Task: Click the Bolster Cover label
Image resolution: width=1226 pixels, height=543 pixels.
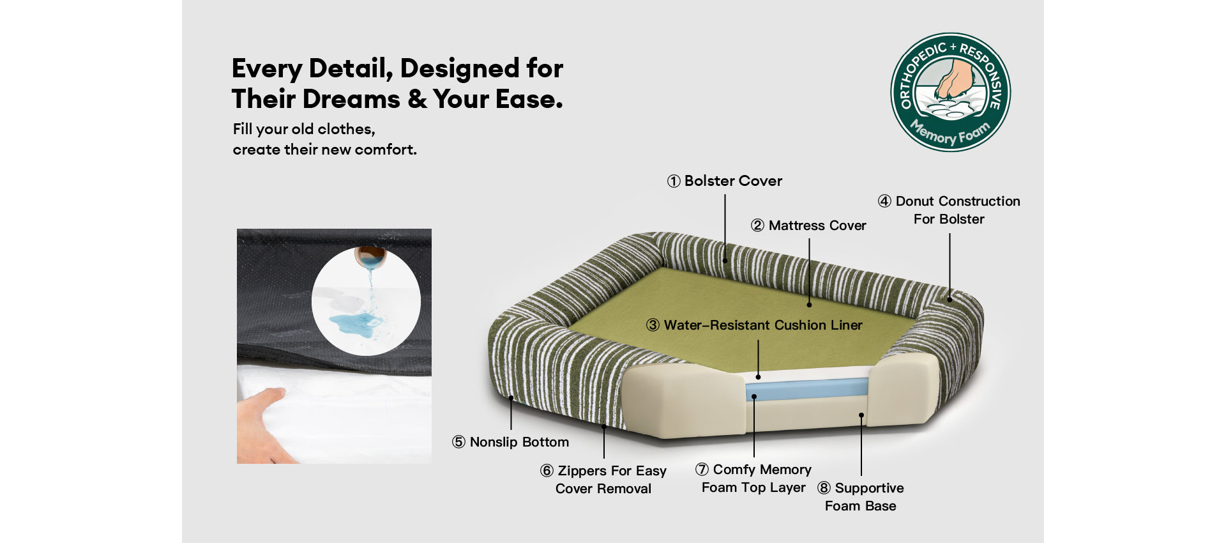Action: (x=725, y=181)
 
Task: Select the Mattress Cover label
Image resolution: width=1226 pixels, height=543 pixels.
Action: (x=808, y=226)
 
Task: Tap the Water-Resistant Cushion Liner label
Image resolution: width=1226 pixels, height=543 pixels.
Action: (x=754, y=325)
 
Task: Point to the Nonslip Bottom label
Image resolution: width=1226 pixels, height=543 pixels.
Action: (x=510, y=442)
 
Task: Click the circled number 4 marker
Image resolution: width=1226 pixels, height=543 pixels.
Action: (x=884, y=201)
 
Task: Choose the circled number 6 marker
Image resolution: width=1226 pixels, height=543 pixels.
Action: (x=547, y=471)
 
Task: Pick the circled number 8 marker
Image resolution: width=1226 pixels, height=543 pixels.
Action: (x=824, y=488)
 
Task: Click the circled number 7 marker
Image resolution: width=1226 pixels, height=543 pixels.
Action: (x=702, y=470)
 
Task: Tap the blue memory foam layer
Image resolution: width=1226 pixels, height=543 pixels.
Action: (x=807, y=389)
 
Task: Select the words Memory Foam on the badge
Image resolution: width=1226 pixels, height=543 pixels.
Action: (x=950, y=132)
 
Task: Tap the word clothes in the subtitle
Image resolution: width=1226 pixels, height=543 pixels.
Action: (x=346, y=129)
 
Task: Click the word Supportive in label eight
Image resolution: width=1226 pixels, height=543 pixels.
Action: (x=870, y=488)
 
